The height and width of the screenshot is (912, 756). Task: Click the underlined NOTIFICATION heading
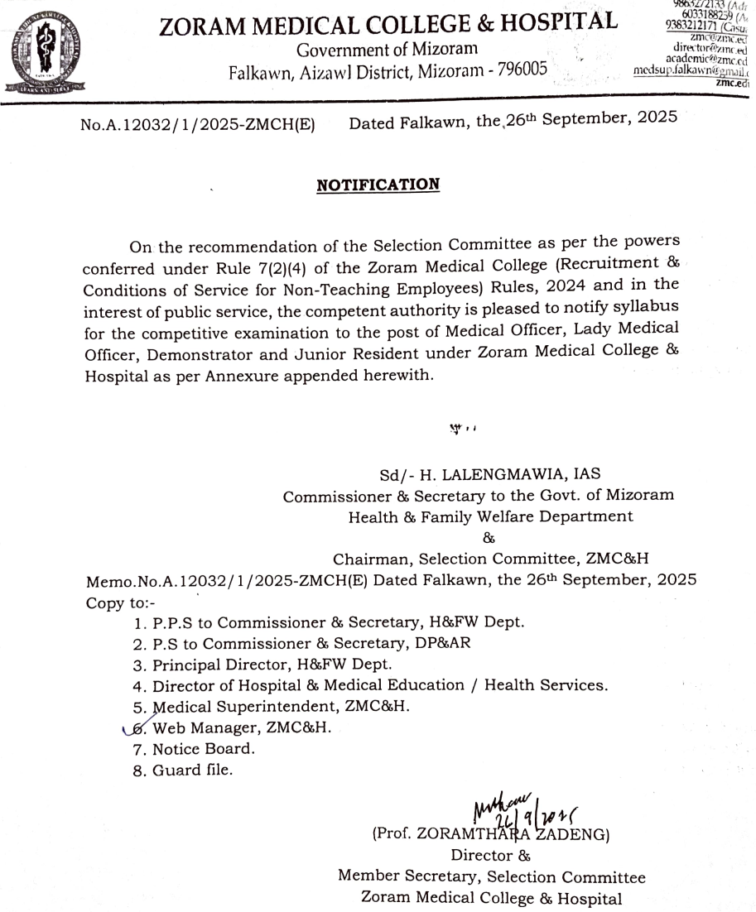point(378,185)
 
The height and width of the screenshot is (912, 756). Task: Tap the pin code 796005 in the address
point(522,70)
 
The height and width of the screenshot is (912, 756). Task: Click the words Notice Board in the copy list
point(204,749)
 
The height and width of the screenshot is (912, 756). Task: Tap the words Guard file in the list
point(193,770)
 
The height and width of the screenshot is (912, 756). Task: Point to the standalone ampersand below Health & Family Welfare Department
point(488,538)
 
